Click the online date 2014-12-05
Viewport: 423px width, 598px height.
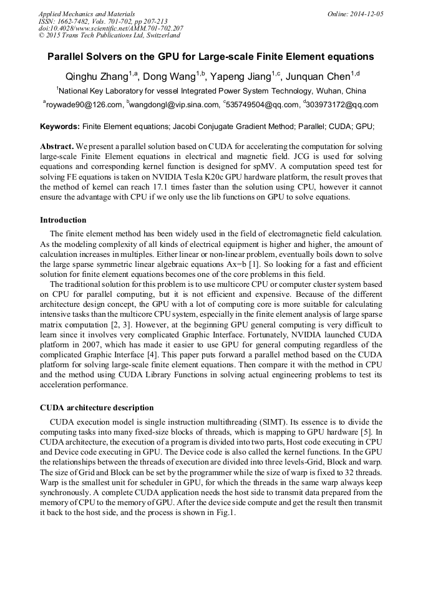pyautogui.click(x=366, y=13)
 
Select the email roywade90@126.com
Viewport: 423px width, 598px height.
pyautogui.click(x=84, y=105)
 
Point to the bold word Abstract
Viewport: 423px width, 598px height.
pyautogui.click(x=57, y=147)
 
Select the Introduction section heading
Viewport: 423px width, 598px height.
pyautogui.click(x=63, y=220)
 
